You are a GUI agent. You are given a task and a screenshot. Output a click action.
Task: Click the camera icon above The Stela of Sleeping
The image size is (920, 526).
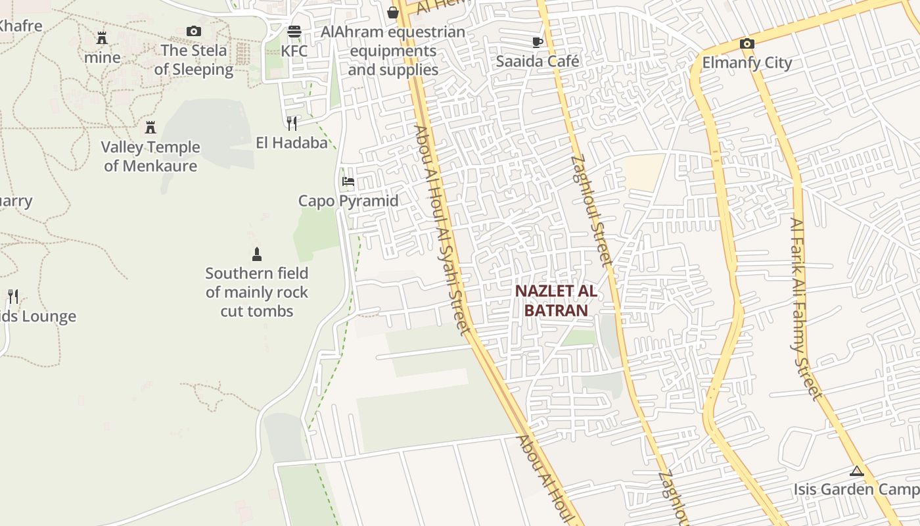pos(193,31)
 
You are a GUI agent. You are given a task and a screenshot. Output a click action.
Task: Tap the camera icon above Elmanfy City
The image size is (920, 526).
pos(747,43)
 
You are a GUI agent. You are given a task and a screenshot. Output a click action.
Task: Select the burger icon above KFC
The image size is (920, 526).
pos(294,32)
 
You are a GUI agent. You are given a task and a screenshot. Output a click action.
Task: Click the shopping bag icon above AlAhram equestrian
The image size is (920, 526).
pos(393,12)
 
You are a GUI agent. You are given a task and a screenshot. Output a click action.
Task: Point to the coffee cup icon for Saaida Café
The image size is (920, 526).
pos(537,42)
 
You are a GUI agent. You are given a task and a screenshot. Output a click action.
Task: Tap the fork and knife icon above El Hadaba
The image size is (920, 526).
pos(292,123)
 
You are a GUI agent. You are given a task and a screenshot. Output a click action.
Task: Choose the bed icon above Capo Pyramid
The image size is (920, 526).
pos(348,181)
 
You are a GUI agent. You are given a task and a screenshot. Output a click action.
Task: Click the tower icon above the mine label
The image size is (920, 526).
pos(102,37)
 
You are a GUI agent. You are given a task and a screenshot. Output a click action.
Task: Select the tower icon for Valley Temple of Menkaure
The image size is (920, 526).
pos(150,127)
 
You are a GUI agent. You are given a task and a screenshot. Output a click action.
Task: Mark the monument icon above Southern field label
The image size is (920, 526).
pos(257,254)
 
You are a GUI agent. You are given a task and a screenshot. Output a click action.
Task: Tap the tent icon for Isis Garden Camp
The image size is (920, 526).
pos(856,471)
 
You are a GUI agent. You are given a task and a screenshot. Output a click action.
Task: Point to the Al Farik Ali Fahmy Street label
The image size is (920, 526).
pos(806,309)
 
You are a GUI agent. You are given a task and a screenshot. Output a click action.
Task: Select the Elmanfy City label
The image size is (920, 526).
pos(747,62)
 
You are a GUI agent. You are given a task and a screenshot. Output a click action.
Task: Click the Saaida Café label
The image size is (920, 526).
pos(538,61)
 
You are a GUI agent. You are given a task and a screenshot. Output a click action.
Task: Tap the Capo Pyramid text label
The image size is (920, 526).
pos(348,201)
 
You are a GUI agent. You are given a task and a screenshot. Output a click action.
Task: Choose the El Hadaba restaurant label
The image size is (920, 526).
pos(292,142)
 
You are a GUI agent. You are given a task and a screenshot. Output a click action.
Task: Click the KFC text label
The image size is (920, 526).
pos(294,51)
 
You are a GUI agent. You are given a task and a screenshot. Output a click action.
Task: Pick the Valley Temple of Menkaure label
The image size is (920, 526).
pos(150,156)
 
